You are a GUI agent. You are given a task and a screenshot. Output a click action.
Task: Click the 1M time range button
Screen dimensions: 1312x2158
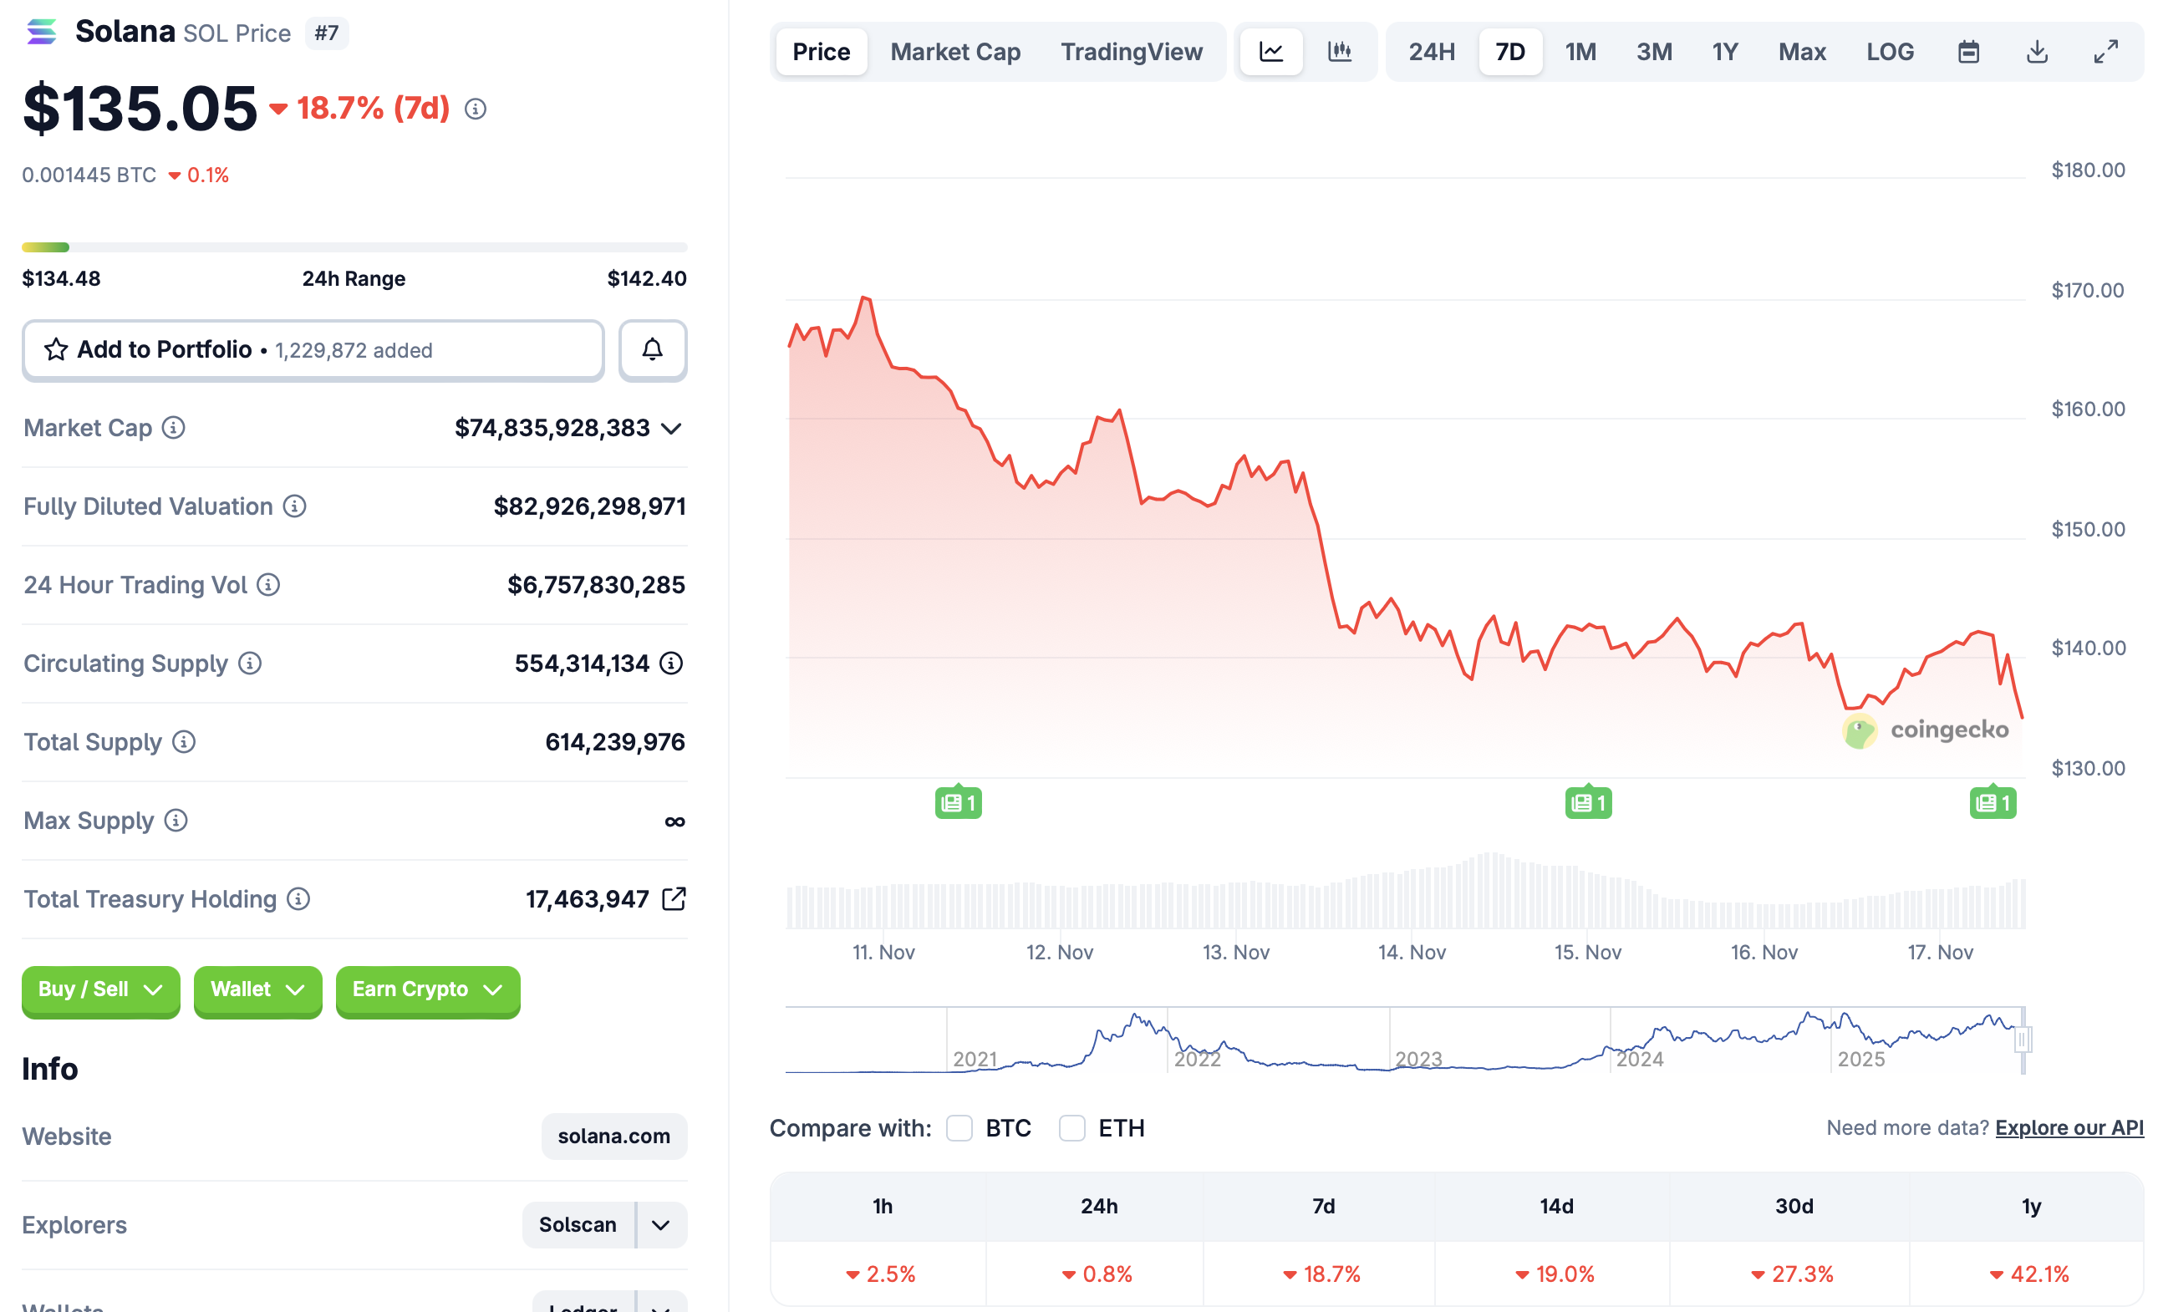(x=1580, y=52)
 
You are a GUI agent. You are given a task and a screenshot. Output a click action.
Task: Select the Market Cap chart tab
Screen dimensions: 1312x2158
(x=954, y=52)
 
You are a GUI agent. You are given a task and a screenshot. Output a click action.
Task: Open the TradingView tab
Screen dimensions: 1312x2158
(x=1131, y=52)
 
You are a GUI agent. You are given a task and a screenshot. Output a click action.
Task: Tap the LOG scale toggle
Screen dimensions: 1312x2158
(x=1889, y=52)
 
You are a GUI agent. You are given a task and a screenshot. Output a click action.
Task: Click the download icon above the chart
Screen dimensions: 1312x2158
(x=2036, y=52)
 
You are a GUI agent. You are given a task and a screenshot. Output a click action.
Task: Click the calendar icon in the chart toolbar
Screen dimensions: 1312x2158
(x=1968, y=52)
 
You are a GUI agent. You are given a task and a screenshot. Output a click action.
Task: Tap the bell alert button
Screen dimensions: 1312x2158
(x=653, y=349)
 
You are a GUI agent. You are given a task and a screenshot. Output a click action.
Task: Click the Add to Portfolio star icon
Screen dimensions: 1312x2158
(x=56, y=349)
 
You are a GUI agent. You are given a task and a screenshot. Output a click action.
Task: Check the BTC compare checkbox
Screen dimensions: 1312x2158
(x=959, y=1127)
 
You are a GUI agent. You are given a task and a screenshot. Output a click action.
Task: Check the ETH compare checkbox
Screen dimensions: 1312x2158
(x=1072, y=1127)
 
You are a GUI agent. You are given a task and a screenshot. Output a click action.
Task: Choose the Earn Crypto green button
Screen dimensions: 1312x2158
(x=427, y=989)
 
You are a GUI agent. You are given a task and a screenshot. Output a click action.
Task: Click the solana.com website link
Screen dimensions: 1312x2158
(x=613, y=1136)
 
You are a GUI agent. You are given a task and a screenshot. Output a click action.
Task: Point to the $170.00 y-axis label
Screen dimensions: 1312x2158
(x=2087, y=290)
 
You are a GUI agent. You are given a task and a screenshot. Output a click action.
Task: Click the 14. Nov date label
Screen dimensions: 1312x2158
(x=1411, y=952)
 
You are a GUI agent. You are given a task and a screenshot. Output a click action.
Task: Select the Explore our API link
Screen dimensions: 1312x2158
(x=2069, y=1127)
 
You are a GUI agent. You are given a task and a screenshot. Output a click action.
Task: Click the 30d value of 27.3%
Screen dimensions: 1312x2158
(x=1792, y=1274)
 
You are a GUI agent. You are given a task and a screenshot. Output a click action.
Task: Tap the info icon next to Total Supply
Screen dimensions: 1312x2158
(x=184, y=742)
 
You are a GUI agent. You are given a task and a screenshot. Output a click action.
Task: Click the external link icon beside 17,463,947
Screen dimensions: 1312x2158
(x=674, y=898)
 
